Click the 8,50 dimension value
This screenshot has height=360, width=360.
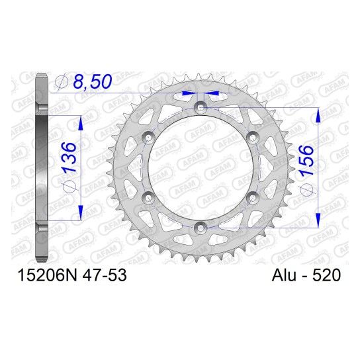tap(93, 81)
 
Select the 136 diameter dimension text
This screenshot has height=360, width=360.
tap(69, 157)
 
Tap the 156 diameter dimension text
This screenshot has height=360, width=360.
tap(306, 161)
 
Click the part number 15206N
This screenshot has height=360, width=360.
tap(47, 275)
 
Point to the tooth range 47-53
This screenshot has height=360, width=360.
tap(105, 275)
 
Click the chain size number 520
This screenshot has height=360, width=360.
tap(326, 275)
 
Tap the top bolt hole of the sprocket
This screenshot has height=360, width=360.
tap(201, 107)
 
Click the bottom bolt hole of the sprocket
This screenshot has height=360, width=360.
tap(201, 228)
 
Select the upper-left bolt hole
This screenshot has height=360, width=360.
tap(148, 137)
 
